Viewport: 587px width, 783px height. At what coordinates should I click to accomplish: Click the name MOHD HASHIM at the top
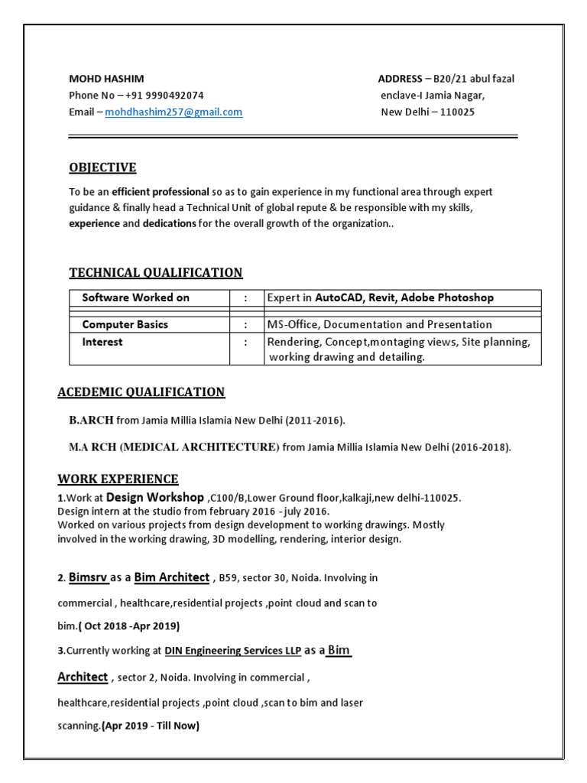pyautogui.click(x=106, y=79)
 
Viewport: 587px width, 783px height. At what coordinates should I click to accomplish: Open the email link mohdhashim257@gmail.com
pyautogui.click(x=174, y=112)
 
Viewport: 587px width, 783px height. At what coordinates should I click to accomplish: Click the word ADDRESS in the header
pyautogui.click(x=400, y=79)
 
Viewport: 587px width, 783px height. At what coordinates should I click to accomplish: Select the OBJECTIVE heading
pyautogui.click(x=103, y=167)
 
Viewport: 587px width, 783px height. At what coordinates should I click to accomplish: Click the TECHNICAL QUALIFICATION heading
pyautogui.click(x=156, y=272)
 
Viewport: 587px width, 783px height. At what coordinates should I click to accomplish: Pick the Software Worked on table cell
pyautogui.click(x=135, y=297)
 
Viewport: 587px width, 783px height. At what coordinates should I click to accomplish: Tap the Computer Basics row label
pyautogui.click(x=125, y=324)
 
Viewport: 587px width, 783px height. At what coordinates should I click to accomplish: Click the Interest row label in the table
pyautogui.click(x=102, y=342)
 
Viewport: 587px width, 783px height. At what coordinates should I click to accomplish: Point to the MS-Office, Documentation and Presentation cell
pyautogui.click(x=379, y=324)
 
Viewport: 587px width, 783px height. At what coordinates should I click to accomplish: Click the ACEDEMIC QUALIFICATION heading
pyautogui.click(x=141, y=392)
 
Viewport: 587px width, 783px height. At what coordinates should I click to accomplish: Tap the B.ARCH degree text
pyautogui.click(x=91, y=420)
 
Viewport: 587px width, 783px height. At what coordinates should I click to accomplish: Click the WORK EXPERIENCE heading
pyautogui.click(x=118, y=479)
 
